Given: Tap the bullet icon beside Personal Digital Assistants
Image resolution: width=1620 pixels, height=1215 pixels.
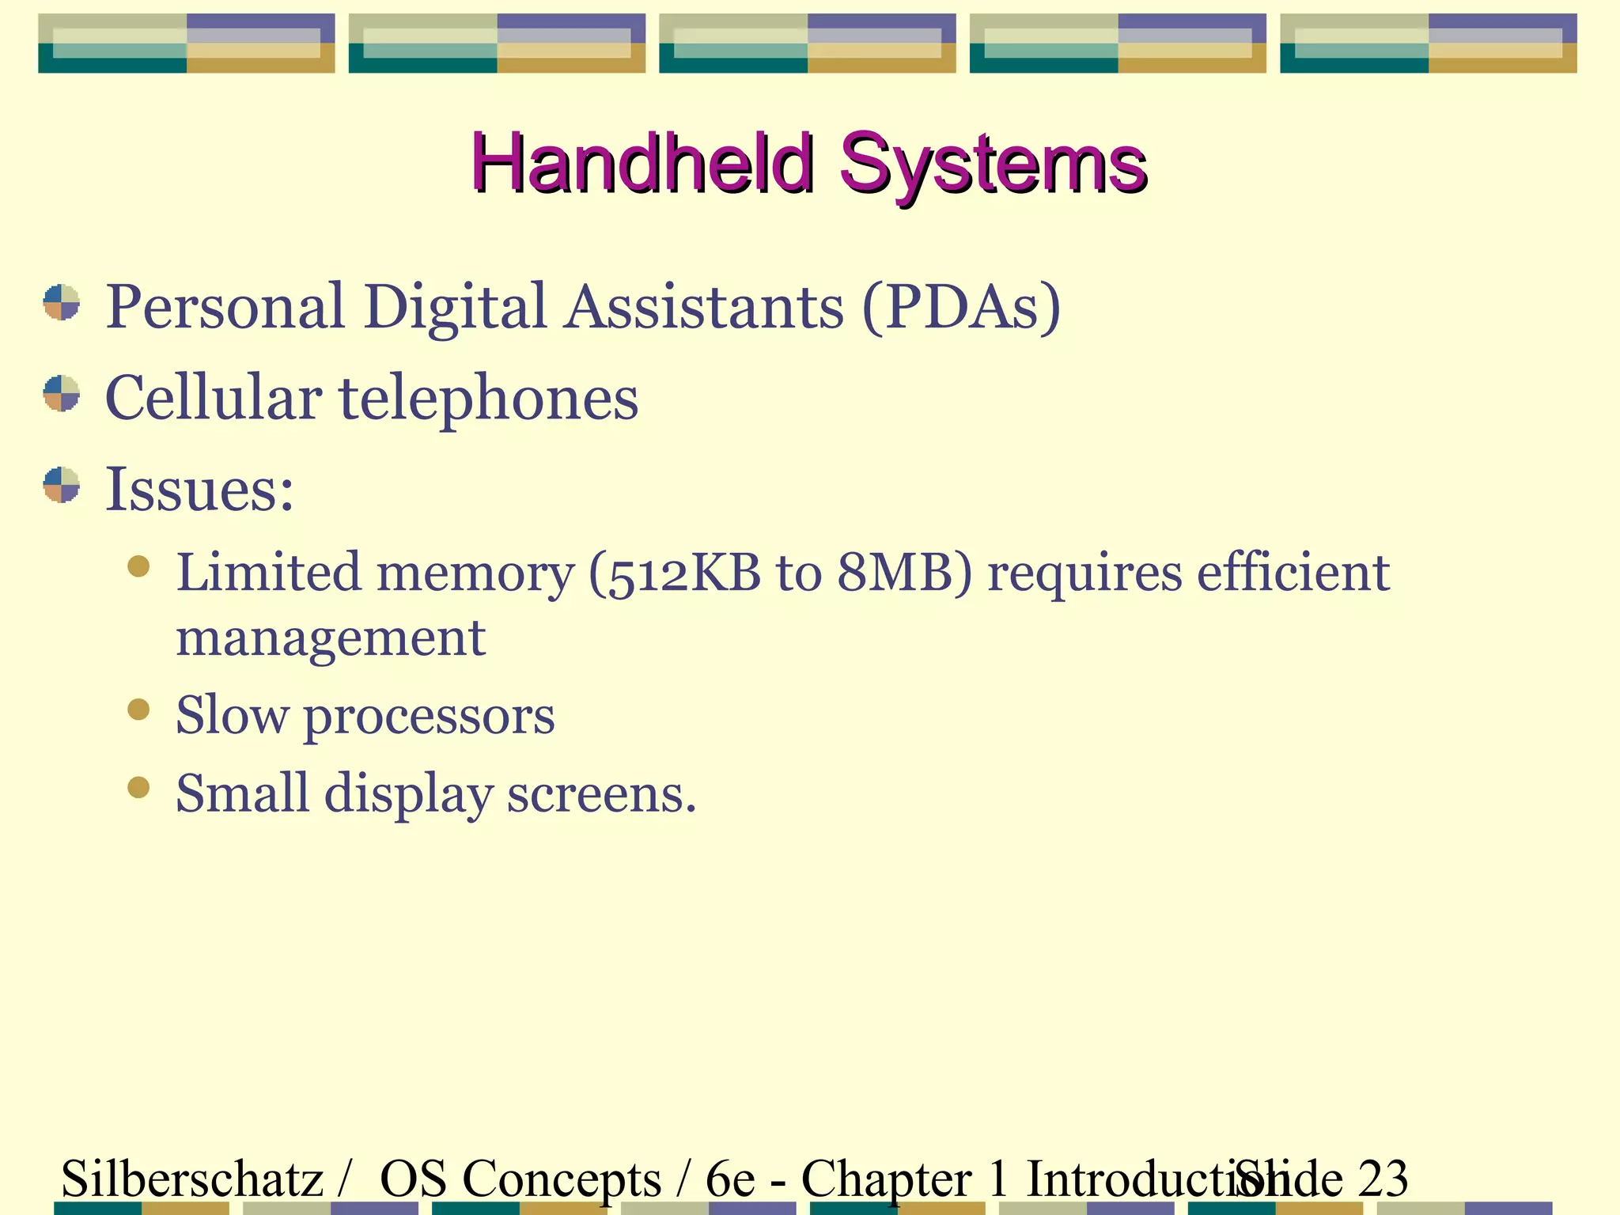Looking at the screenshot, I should (x=62, y=303).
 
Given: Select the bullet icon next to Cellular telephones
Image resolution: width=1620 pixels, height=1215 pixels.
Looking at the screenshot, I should (x=62, y=394).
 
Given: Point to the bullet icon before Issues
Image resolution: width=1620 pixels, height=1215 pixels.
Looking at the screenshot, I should (x=62, y=485).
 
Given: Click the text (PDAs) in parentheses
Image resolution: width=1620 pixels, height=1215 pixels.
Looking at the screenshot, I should (x=960, y=307).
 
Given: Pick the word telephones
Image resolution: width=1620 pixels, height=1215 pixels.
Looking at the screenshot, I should (x=489, y=398).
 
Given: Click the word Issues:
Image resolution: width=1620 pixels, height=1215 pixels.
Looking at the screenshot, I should (x=199, y=489).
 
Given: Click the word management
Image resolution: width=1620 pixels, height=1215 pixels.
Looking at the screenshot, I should (x=331, y=638).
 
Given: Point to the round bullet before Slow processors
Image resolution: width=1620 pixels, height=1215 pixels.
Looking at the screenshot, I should (x=138, y=710).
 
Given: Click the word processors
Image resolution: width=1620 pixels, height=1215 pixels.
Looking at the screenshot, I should (x=429, y=717).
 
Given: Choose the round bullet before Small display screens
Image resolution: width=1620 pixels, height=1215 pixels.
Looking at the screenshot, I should (x=138, y=788).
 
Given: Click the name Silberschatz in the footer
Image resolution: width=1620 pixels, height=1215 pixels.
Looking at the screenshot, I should (x=192, y=1179).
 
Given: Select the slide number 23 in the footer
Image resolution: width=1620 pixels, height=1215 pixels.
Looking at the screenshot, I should (x=1383, y=1179).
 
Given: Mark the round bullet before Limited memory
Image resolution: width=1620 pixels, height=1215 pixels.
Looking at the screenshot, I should (x=138, y=567).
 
